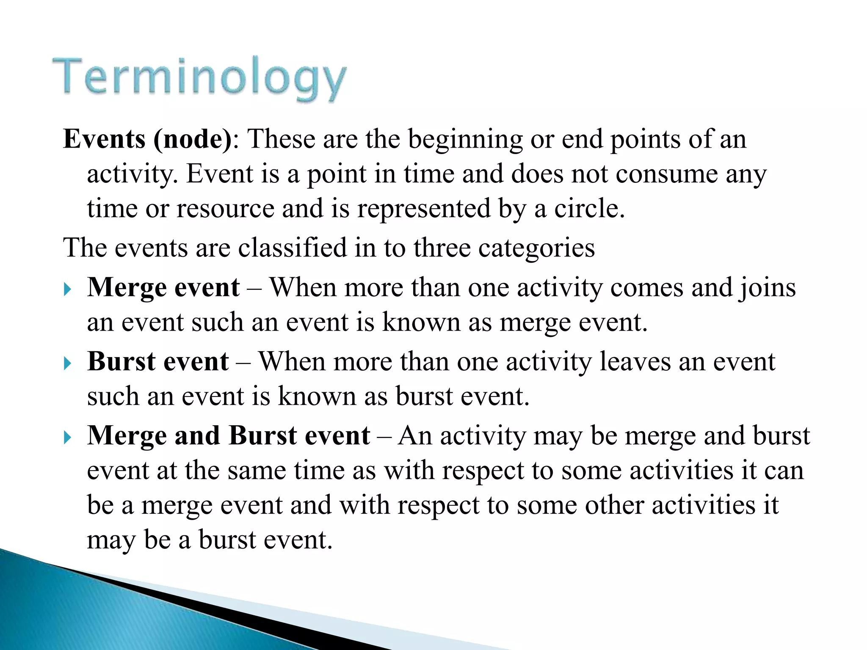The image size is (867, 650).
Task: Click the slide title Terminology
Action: (x=199, y=79)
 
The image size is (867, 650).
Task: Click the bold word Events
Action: (x=104, y=139)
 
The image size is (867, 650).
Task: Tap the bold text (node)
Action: (x=193, y=139)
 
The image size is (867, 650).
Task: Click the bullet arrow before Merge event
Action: (x=68, y=290)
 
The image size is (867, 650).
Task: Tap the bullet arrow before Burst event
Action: (x=68, y=364)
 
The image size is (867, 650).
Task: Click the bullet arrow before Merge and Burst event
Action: (x=68, y=438)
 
